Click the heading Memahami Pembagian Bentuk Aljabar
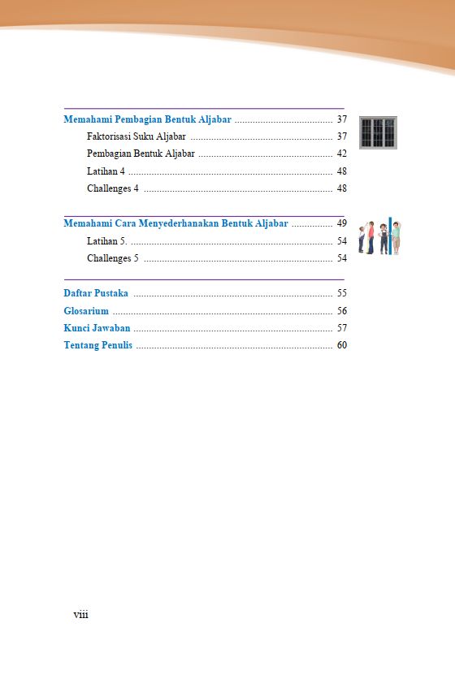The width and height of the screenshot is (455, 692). (x=147, y=119)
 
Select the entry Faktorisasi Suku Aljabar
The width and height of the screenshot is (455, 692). (x=136, y=136)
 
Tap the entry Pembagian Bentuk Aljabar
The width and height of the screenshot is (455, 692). (x=141, y=154)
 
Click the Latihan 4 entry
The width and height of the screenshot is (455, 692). (x=106, y=171)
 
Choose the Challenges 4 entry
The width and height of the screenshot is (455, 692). (x=113, y=188)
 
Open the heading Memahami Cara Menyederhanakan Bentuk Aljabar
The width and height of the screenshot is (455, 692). (x=175, y=223)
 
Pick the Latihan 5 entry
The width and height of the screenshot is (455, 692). (x=106, y=241)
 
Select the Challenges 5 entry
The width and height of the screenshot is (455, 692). (x=113, y=258)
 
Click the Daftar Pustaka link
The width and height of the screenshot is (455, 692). (x=96, y=293)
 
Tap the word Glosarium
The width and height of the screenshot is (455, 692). (x=86, y=311)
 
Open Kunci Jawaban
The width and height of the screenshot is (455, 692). (x=97, y=328)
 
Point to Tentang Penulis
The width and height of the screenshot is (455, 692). (x=98, y=346)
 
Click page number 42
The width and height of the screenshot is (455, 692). (x=342, y=154)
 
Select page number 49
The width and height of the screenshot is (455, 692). (x=342, y=223)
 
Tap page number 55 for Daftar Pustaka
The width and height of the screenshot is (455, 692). (x=342, y=293)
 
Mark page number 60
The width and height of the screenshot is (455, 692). (x=342, y=346)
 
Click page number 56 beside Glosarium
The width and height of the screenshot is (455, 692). (x=342, y=311)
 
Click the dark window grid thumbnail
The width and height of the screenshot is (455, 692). (x=378, y=132)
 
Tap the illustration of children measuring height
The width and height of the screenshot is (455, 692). (x=379, y=236)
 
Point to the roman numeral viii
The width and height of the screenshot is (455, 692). (x=80, y=615)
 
